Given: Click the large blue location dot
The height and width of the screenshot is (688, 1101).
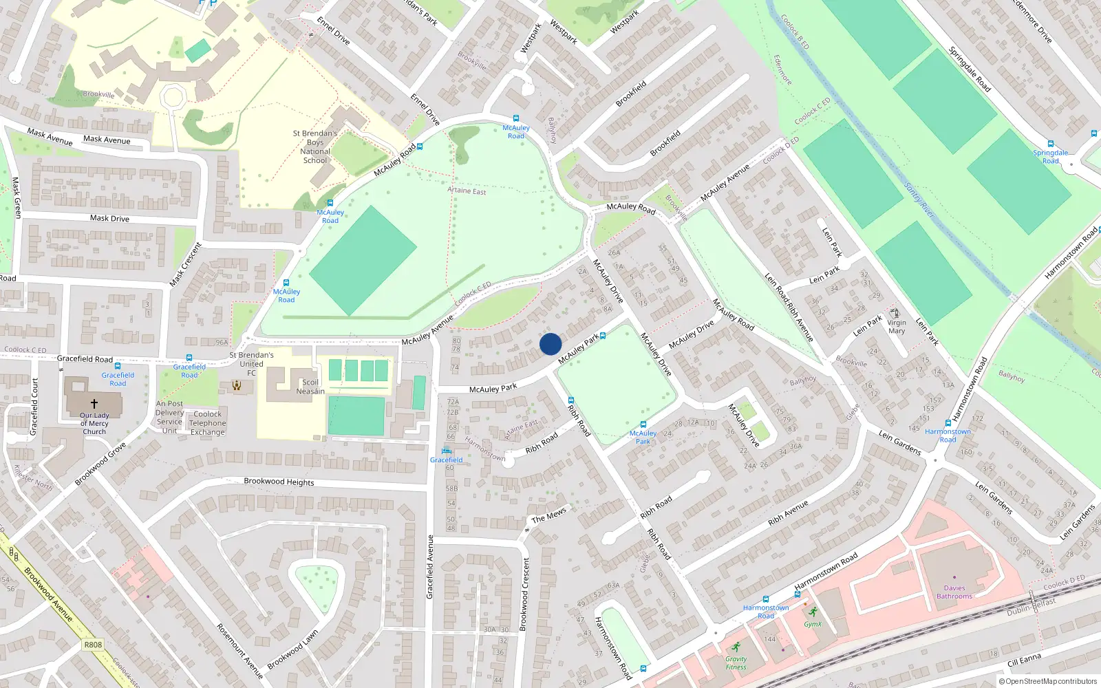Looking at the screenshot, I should [x=550, y=344].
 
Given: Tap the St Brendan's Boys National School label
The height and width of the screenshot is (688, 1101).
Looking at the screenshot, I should [x=315, y=147].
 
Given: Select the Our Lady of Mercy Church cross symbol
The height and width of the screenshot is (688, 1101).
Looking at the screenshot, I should [x=94, y=404].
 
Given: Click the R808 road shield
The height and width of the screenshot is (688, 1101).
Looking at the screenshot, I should [x=93, y=645].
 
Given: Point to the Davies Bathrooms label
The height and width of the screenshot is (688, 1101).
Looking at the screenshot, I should [x=954, y=592].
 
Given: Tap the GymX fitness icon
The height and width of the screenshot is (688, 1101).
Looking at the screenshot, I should [x=813, y=612].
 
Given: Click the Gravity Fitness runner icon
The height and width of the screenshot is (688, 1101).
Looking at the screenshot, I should [x=736, y=647].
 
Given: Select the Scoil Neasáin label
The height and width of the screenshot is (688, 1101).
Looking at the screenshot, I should [x=310, y=387].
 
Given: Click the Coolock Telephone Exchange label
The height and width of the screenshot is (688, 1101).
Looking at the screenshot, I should [x=207, y=423].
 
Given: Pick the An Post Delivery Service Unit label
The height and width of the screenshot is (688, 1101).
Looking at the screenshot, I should [x=169, y=418].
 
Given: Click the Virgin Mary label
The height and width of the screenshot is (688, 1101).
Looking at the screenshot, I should [x=897, y=327].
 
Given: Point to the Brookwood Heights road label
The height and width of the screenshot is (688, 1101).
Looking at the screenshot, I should [x=279, y=482].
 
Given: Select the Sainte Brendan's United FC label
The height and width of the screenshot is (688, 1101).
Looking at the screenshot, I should [x=251, y=364].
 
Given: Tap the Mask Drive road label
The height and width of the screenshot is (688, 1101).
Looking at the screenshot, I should [x=109, y=218].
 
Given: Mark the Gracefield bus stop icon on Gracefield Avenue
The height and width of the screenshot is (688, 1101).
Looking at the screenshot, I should [x=447, y=451].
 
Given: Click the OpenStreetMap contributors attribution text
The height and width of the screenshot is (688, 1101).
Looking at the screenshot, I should [x=1047, y=681].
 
